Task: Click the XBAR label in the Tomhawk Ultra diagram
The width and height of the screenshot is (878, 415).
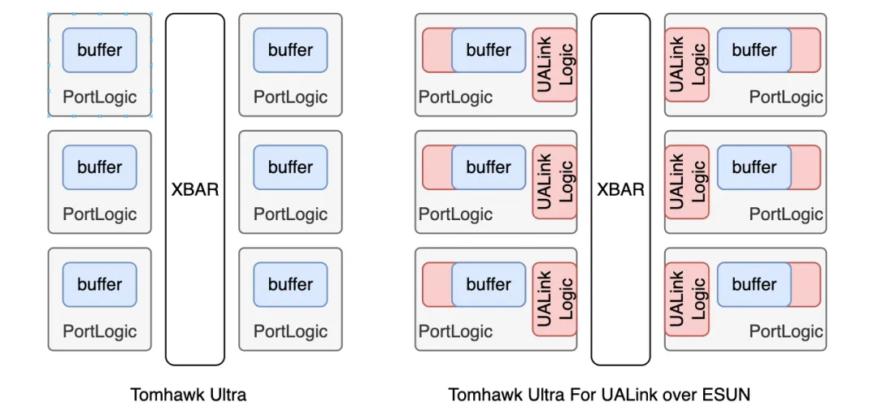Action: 195,189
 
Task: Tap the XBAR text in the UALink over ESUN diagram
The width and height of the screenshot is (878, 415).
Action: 620,189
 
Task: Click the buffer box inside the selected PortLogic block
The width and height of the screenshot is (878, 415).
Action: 100,50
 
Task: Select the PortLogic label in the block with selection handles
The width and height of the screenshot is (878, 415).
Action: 100,97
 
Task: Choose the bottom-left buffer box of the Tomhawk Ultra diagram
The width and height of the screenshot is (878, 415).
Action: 100,284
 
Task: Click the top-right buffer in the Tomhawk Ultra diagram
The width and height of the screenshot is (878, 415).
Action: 290,50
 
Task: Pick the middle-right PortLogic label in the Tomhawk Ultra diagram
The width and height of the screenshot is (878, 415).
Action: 290,214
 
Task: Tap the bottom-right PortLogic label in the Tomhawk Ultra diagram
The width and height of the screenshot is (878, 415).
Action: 290,331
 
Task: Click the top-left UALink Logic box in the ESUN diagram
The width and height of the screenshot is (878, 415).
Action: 554,65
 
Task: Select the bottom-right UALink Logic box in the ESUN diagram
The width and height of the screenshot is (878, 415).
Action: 687,299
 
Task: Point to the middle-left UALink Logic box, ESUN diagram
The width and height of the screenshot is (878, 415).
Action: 554,182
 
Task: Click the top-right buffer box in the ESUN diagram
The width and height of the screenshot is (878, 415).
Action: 754,50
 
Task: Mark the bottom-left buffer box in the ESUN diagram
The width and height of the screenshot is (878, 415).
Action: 489,284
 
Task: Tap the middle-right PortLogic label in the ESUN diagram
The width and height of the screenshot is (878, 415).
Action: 787,214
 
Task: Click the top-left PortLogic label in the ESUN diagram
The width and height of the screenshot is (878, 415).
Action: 456,97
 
